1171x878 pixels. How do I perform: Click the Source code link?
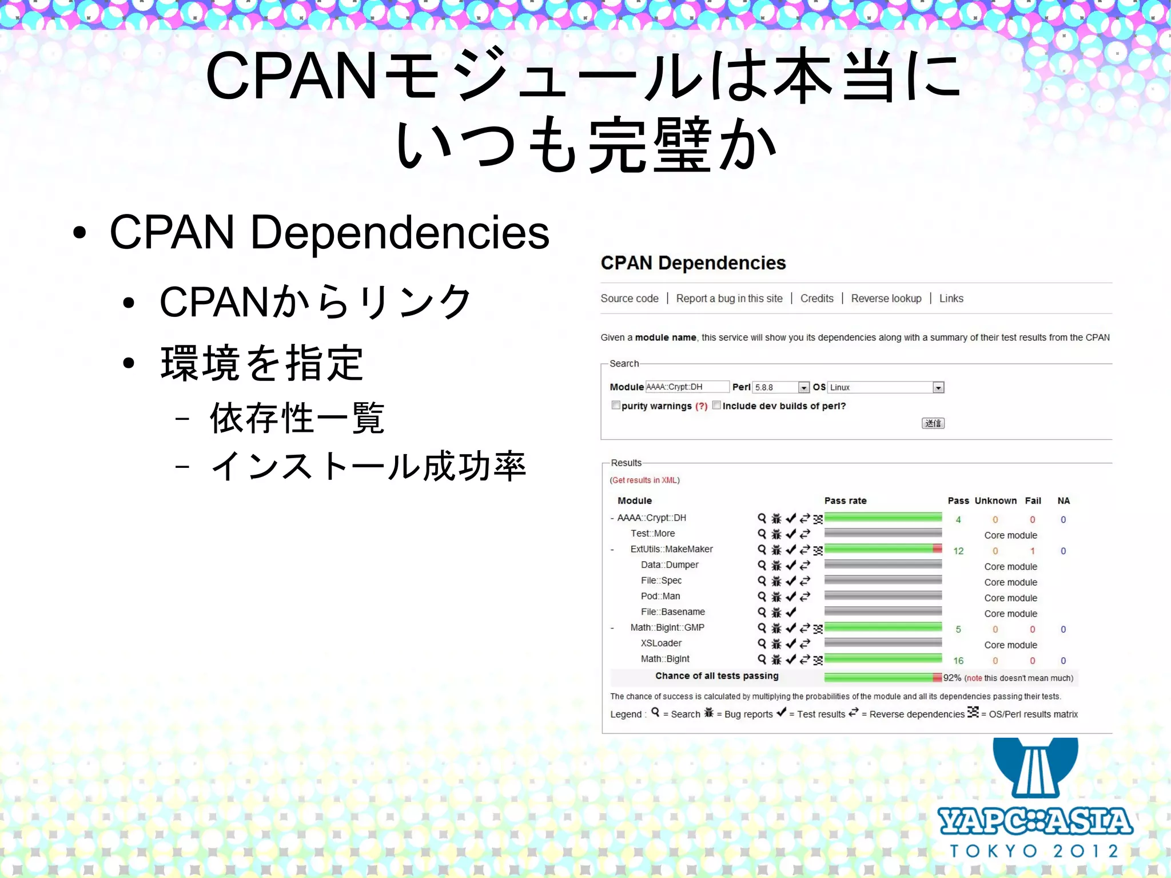[629, 299]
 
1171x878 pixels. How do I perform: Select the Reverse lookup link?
[886, 299]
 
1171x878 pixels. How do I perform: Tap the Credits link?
[816, 299]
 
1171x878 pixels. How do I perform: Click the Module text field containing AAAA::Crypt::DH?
[687, 387]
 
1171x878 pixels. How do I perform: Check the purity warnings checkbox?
[616, 406]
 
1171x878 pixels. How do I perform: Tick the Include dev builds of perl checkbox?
[716, 406]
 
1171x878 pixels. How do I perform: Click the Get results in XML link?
[645, 480]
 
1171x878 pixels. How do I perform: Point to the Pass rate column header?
[845, 501]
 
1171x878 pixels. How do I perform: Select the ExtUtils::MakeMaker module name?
[671, 549]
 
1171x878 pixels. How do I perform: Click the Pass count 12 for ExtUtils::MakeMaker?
[958, 551]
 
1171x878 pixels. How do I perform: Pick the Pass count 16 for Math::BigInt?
[958, 661]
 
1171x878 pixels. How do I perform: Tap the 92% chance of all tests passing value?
[952, 678]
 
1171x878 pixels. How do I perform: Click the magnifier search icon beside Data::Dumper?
[762, 565]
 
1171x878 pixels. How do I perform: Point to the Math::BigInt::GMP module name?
[667, 627]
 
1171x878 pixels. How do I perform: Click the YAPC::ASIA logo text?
[1035, 821]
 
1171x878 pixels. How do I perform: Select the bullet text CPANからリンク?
[315, 302]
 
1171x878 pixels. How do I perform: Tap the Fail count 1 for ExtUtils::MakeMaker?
[1032, 551]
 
